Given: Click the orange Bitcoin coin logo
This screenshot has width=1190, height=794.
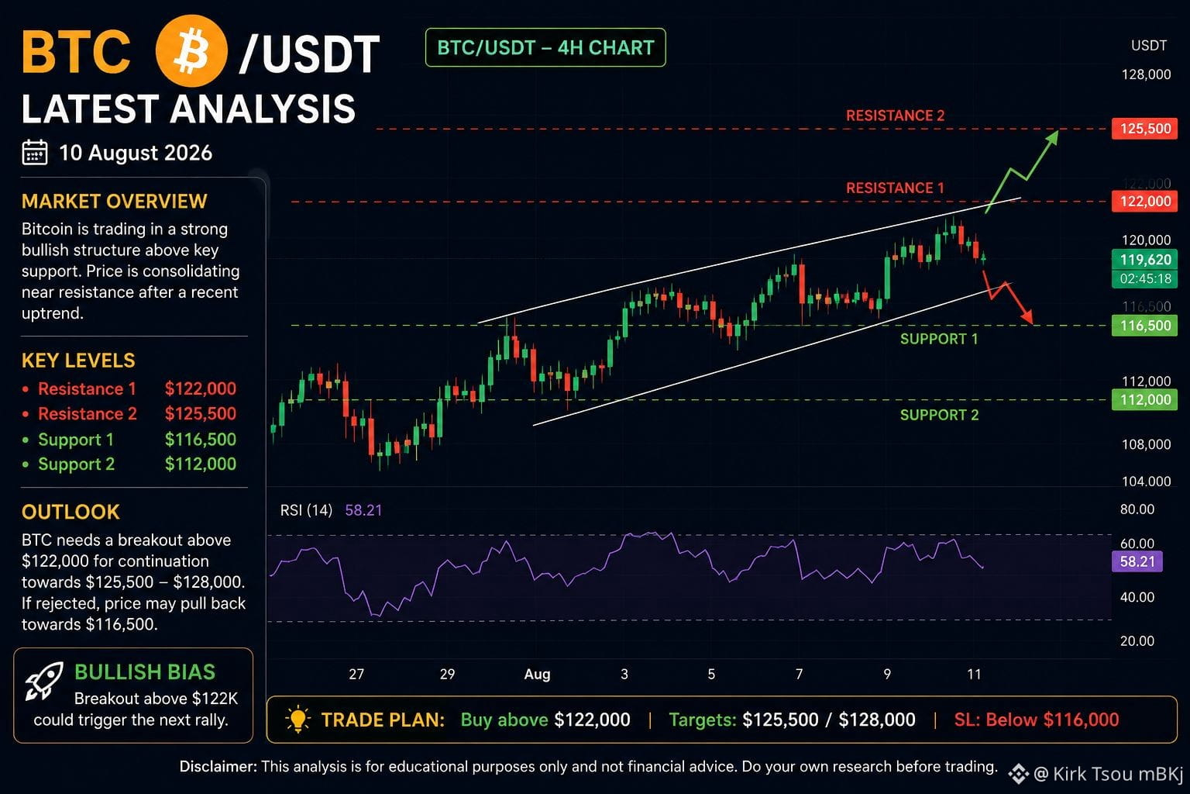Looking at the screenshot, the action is [192, 51].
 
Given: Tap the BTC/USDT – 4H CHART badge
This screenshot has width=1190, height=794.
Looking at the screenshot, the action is [545, 48].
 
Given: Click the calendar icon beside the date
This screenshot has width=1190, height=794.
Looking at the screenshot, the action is [35, 153].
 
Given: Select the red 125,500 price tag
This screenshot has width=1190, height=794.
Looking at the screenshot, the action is [1144, 129].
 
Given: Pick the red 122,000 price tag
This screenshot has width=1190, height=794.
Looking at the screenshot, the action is [1144, 202].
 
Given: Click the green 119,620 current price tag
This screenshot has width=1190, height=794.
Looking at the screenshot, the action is [1145, 260].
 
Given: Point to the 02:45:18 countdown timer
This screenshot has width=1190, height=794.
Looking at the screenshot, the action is [1145, 278].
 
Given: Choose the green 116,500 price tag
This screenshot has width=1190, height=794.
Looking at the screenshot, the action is [1144, 326].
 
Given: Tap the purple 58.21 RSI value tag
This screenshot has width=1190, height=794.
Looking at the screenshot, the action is [1137, 561].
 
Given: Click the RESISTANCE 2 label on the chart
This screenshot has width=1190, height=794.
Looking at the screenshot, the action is [895, 116].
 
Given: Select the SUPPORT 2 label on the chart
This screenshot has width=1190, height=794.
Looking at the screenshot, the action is [939, 415].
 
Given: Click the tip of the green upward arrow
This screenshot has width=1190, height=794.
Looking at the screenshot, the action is [1058, 131].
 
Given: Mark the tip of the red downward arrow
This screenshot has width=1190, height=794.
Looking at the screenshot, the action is [1034, 324].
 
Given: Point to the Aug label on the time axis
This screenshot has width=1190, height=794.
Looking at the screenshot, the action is [537, 675].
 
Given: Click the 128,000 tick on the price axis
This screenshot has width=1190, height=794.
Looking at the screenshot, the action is [1146, 74].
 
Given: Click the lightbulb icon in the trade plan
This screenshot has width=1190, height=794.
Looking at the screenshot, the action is [297, 720].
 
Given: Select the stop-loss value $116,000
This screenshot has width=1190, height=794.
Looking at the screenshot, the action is [1081, 720].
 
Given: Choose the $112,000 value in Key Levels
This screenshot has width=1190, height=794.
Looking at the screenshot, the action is [201, 464].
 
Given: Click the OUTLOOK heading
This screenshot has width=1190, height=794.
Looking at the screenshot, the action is [71, 512].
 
